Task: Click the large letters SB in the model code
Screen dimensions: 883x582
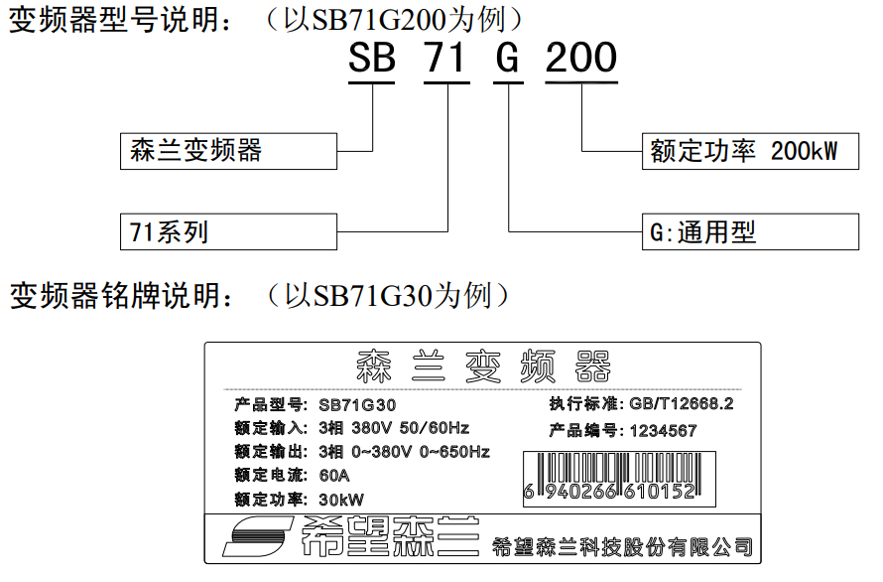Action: coord(372,57)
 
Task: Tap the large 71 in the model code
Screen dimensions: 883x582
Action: coord(446,57)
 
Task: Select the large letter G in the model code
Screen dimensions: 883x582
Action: coord(508,57)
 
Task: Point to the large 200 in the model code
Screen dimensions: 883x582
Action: coord(581,57)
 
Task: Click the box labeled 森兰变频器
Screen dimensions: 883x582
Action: coord(228,151)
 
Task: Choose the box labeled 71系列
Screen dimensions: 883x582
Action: coord(228,231)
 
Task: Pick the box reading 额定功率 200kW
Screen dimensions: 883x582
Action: coord(751,151)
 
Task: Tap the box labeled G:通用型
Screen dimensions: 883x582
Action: coord(751,231)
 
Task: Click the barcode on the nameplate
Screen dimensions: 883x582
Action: coord(619,479)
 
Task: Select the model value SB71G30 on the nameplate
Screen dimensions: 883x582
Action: coord(357,405)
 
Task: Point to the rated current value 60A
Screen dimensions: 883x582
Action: coord(334,476)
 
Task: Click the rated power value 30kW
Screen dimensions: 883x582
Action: coord(341,500)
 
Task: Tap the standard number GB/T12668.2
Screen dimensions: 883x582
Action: coord(682,404)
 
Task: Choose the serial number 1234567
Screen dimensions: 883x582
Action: coord(664,431)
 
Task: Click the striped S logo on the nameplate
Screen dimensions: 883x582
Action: coord(259,536)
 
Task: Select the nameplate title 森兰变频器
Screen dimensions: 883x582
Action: coord(483,366)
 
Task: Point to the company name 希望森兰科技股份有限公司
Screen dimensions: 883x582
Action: coord(622,546)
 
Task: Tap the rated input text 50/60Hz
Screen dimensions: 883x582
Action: coord(435,428)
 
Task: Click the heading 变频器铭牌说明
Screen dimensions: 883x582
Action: coord(121,296)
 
